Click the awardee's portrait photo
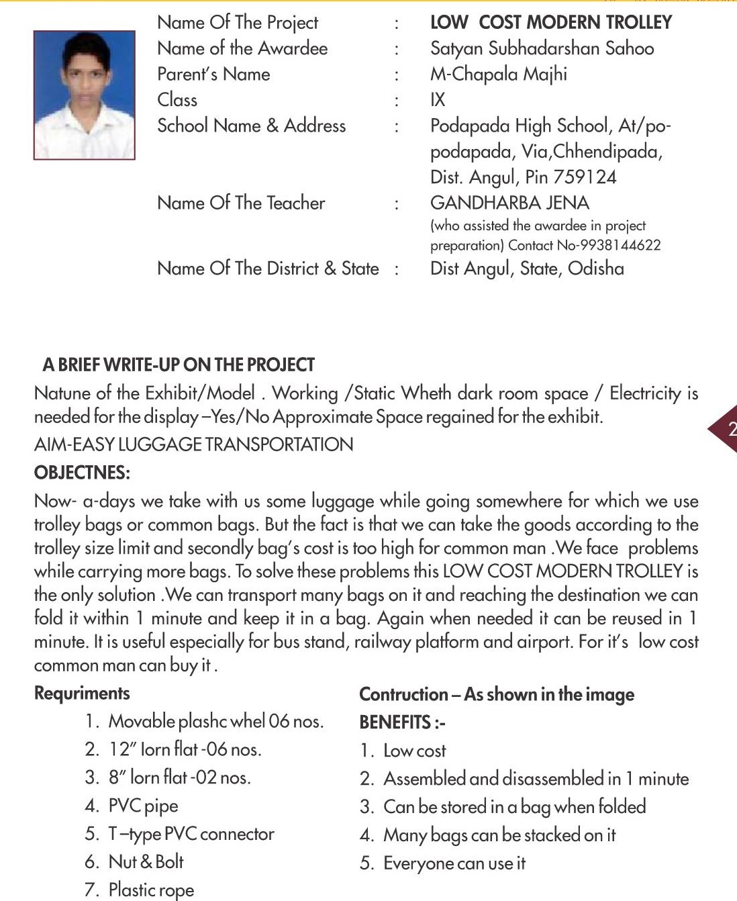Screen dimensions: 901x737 84,95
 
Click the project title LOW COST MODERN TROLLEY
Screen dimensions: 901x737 550,22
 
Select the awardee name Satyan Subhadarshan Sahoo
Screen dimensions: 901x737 542,48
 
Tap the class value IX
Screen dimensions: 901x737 438,100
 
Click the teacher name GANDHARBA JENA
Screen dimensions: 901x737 509,203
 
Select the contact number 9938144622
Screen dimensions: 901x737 619,246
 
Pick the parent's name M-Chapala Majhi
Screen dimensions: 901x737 498,74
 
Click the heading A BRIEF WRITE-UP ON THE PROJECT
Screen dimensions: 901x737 179,365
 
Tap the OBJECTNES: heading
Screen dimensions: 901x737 82,473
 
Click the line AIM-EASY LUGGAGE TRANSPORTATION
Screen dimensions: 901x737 193,444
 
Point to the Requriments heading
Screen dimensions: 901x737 82,694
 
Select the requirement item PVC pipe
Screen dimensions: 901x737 143,806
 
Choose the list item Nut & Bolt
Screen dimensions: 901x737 146,861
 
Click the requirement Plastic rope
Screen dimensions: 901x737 151,890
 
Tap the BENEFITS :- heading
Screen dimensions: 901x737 402,722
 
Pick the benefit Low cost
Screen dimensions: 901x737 414,751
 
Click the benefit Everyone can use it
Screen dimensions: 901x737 454,863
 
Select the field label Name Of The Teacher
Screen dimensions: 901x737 241,203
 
